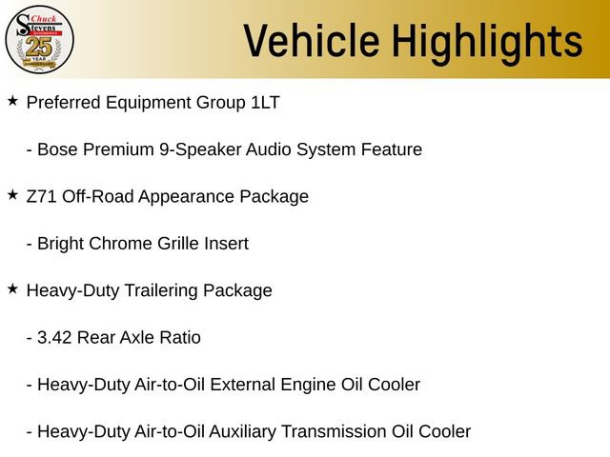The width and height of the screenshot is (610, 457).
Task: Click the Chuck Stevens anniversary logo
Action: point(39,39)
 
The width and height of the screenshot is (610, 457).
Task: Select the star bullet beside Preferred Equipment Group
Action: point(12,100)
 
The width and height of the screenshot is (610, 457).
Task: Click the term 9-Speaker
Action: point(199,149)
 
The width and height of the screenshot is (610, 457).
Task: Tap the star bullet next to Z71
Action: point(12,194)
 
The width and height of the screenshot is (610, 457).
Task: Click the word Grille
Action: point(181,244)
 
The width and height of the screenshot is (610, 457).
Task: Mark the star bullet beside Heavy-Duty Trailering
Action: point(12,288)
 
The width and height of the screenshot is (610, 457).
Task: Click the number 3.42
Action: point(55,338)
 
